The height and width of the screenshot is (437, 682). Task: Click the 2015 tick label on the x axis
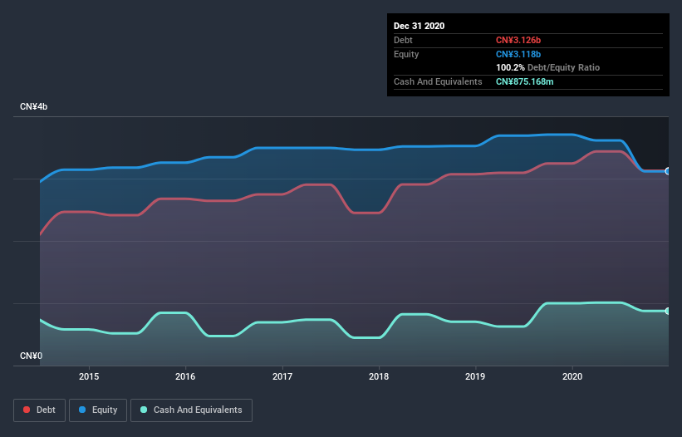89,376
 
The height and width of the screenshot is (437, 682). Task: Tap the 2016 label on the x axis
185,376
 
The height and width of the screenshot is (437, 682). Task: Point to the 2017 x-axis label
282,376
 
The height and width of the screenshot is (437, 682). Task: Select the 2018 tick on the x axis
379,376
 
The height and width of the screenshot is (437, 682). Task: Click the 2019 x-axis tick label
475,376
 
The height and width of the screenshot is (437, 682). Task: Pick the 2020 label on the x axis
572,376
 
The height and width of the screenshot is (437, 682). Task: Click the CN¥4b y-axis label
33,107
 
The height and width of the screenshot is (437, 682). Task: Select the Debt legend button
39,410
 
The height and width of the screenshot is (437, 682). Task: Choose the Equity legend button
98,410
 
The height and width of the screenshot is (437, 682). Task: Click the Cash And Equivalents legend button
191,410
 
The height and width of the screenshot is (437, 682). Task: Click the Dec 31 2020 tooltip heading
420,26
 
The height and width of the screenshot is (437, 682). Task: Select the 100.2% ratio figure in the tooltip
510,67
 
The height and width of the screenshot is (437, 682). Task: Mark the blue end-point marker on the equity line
668,171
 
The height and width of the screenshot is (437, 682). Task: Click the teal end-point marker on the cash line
668,311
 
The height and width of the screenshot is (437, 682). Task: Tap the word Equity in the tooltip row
407,54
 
